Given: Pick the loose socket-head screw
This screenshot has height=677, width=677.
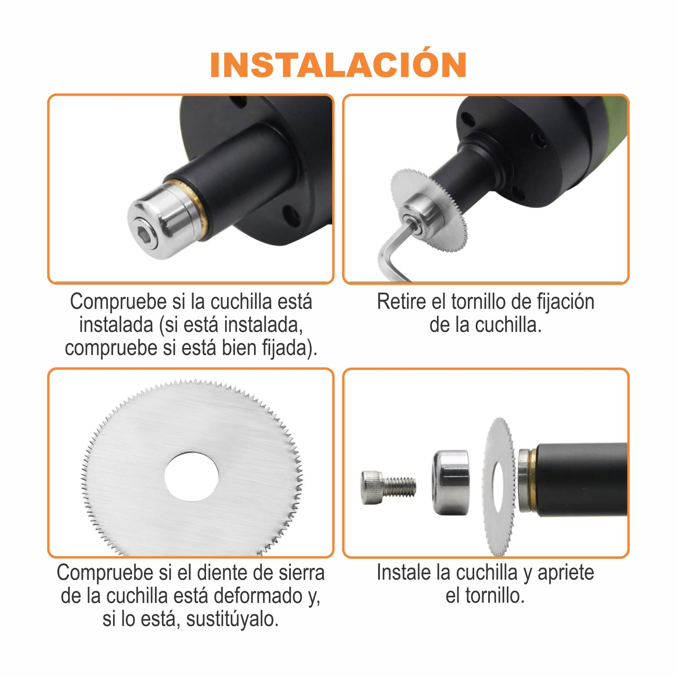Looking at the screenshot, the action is tap(388, 488).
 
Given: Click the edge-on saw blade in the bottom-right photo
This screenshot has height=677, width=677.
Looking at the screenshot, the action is tap(500, 487).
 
